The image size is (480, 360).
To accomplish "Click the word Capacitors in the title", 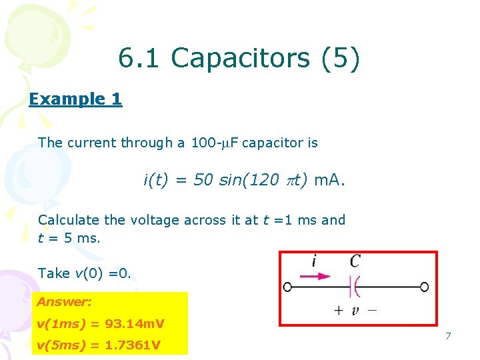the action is (240, 59).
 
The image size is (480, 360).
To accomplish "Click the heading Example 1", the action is (75, 99).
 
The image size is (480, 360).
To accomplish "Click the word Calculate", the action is (68, 220).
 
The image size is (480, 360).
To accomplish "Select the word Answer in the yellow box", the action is (64, 302).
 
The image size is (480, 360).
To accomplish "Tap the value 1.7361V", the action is (135, 345).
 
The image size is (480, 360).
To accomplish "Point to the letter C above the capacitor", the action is (355, 261).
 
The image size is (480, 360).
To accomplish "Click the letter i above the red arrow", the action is (314, 261).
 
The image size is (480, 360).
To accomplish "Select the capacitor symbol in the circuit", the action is (355, 287).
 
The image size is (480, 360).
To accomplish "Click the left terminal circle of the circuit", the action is (287, 287).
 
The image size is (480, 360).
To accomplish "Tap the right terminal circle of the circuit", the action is (425, 287).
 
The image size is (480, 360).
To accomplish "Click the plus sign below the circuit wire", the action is (338, 309).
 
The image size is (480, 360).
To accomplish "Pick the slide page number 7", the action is (448, 336).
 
